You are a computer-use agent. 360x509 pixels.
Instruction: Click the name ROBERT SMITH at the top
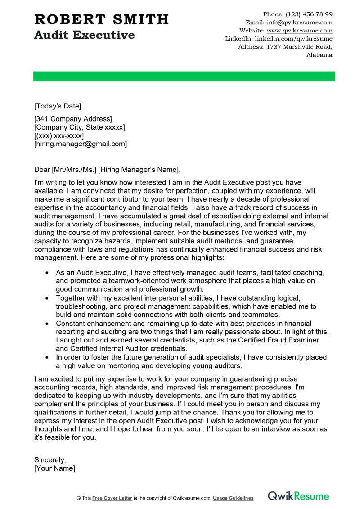click(101, 19)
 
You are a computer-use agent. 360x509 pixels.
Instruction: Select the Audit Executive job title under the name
click(84, 35)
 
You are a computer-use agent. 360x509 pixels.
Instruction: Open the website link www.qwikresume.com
click(299, 31)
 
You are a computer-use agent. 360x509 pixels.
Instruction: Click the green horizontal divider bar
click(184, 77)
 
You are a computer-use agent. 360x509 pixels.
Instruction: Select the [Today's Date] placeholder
click(58, 106)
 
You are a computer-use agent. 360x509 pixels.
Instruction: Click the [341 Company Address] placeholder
click(73, 119)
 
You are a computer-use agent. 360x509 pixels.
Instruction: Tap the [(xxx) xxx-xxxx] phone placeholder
click(59, 135)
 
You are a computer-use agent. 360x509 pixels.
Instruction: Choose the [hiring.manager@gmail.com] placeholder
click(81, 144)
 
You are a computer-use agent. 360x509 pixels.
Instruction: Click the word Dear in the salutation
click(42, 169)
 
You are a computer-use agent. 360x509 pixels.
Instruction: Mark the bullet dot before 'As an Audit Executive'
click(47, 273)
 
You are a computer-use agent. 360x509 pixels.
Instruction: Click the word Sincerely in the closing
click(50, 460)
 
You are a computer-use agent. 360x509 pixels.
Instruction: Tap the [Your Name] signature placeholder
click(54, 468)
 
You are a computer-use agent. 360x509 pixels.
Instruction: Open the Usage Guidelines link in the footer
click(233, 498)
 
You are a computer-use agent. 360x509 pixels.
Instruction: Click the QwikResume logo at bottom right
click(298, 496)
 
